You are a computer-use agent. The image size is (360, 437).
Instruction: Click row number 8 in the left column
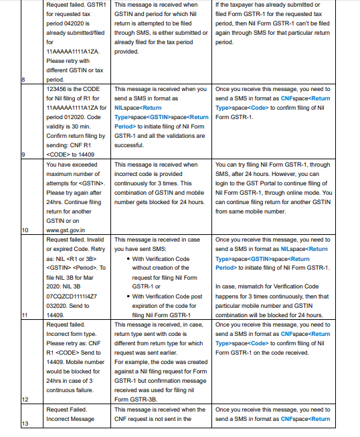23,80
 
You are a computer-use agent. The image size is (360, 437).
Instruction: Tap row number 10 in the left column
25,230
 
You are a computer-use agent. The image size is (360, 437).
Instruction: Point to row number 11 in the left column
25,315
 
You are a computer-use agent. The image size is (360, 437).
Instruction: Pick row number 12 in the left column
25,399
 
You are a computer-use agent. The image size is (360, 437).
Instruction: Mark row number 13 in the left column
25,424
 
